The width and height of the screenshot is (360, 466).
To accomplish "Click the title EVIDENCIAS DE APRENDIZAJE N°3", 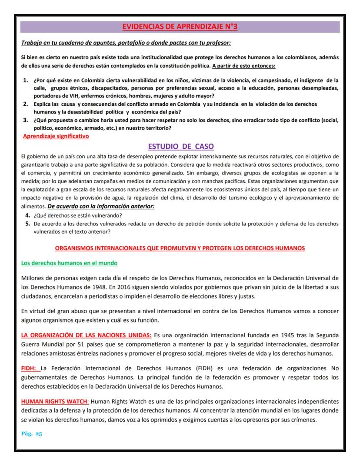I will [180, 27].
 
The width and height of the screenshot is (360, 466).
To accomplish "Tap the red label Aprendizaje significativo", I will [56, 136].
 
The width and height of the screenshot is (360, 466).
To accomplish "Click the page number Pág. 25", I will [31, 434].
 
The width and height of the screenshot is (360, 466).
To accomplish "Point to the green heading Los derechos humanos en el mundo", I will [69, 263].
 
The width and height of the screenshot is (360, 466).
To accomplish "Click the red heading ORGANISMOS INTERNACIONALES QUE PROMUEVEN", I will [180, 248].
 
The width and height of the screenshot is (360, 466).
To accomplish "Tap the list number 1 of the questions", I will [25, 81].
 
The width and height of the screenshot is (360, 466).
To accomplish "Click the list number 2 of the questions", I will [25, 104].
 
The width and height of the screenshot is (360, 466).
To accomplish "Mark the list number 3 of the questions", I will [25, 120].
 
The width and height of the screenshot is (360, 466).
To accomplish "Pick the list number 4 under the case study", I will [27, 215].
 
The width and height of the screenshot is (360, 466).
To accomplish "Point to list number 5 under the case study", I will [27, 223].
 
